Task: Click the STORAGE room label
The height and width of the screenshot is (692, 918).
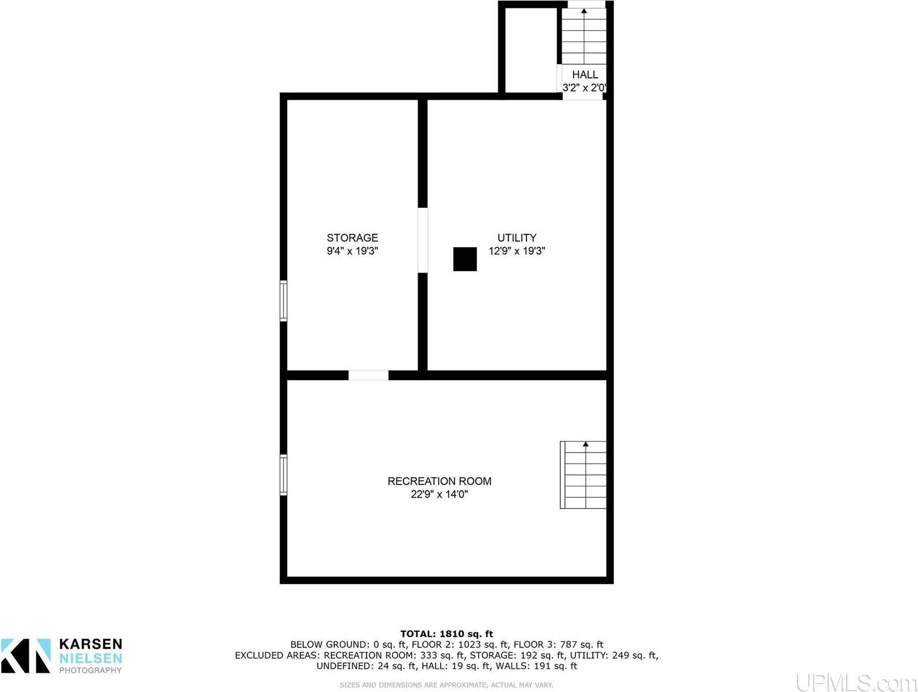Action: (352, 237)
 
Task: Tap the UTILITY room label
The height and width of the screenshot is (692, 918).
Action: (517, 237)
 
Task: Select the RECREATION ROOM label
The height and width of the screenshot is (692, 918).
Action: (439, 481)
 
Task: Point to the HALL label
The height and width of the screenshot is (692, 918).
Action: (585, 75)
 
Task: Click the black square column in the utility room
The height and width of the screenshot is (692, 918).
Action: (465, 259)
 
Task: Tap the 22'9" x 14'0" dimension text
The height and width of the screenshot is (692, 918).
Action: (439, 494)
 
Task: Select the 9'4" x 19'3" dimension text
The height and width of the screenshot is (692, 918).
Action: (352, 251)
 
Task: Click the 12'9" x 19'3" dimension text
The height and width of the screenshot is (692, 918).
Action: (517, 251)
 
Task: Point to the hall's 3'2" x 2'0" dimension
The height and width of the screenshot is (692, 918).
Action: (584, 88)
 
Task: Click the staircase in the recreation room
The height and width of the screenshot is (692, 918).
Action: (583, 475)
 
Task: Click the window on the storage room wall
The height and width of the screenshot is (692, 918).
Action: (283, 300)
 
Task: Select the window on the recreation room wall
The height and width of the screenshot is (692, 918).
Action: (283, 475)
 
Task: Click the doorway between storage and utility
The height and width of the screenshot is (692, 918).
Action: (423, 240)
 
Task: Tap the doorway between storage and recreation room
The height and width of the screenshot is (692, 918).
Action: (368, 375)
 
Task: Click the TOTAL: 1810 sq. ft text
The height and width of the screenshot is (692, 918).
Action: (446, 634)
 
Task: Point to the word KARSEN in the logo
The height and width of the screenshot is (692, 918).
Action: (91, 644)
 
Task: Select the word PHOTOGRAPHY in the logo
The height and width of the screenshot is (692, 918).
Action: (91, 671)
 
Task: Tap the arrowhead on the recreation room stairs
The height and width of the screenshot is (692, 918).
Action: (585, 444)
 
